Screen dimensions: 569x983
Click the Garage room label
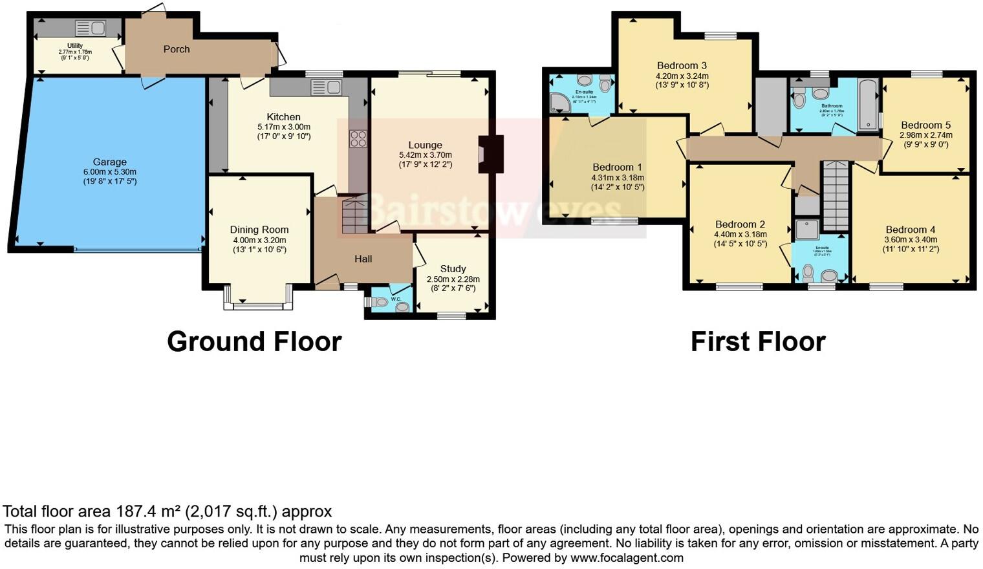(109, 162)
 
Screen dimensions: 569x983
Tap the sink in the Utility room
(91, 28)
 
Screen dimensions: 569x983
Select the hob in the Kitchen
(358, 138)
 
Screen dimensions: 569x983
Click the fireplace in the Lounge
(488, 154)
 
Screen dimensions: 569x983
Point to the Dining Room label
(259, 230)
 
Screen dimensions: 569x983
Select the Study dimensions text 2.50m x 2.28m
(453, 279)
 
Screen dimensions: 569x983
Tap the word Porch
(177, 49)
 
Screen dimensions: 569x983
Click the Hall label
(363, 259)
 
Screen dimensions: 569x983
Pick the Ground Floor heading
(254, 341)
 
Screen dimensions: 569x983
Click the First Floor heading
(758, 341)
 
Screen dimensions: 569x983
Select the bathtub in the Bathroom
(868, 105)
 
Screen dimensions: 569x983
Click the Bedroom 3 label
(682, 65)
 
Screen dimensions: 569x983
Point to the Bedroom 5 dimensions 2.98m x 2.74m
(925, 135)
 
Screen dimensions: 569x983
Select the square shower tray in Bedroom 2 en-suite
(806, 228)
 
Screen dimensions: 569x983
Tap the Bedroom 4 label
(911, 230)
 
